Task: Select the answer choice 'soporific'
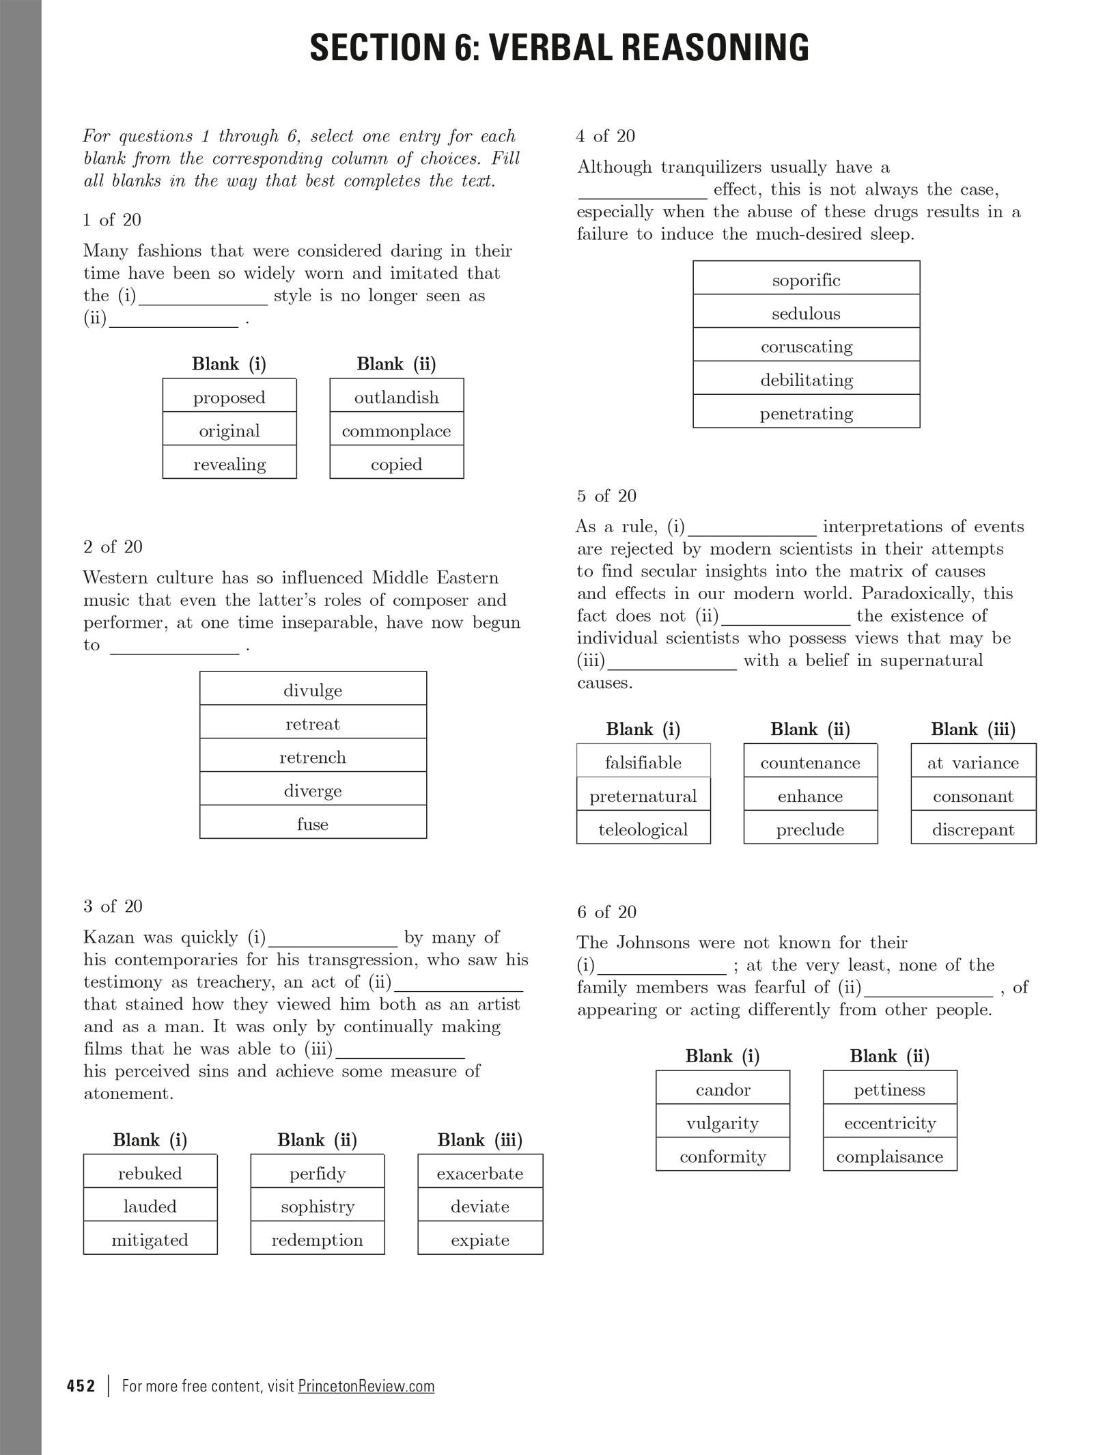click(x=806, y=280)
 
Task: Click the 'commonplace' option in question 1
click(x=396, y=431)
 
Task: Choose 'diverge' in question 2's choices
click(x=313, y=791)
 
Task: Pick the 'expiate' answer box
click(x=480, y=1240)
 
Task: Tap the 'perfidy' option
click(x=318, y=1174)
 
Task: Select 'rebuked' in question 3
click(x=150, y=1174)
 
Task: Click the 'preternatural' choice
click(x=643, y=796)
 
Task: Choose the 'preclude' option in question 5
click(x=811, y=830)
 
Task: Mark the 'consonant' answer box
click(x=973, y=796)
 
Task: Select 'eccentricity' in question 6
click(x=890, y=1124)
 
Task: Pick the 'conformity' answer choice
click(x=723, y=1157)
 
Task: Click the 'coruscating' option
click(x=806, y=347)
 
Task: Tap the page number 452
click(x=81, y=1386)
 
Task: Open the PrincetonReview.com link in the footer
click(x=366, y=1386)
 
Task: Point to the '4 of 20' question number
click(x=606, y=137)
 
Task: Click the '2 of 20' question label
click(x=113, y=547)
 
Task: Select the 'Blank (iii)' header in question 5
click(x=973, y=730)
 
